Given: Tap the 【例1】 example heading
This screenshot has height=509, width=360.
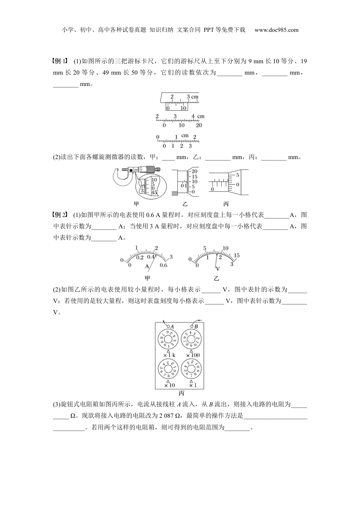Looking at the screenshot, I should coord(61,61).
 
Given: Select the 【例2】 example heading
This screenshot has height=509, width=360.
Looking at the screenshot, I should coord(61,215).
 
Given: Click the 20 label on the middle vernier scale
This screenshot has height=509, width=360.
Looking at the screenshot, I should coord(199,125).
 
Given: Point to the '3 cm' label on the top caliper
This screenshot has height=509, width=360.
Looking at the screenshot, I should coord(193,97).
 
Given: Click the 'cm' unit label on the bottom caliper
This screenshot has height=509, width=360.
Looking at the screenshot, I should coord(185,136).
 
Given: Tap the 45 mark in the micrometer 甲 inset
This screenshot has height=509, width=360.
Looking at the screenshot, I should coord(154,193).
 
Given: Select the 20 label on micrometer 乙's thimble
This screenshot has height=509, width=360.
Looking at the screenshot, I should coord(194,172).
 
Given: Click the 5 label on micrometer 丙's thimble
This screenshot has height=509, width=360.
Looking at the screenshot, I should coord(237,175).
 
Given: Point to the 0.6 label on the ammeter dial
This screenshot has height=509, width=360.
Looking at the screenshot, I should coord(163,265).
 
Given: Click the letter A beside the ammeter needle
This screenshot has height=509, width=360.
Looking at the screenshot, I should coord(147,267).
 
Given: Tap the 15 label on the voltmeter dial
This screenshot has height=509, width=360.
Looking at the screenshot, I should coord(236,256).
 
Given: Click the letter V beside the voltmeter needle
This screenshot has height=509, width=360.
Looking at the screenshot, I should coord(217,269).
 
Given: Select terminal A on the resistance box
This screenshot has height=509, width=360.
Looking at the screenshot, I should coord(169,326).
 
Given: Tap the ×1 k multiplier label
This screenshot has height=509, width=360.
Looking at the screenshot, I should coord(169,355).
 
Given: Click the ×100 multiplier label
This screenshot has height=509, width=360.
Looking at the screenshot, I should coord(193,355).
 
